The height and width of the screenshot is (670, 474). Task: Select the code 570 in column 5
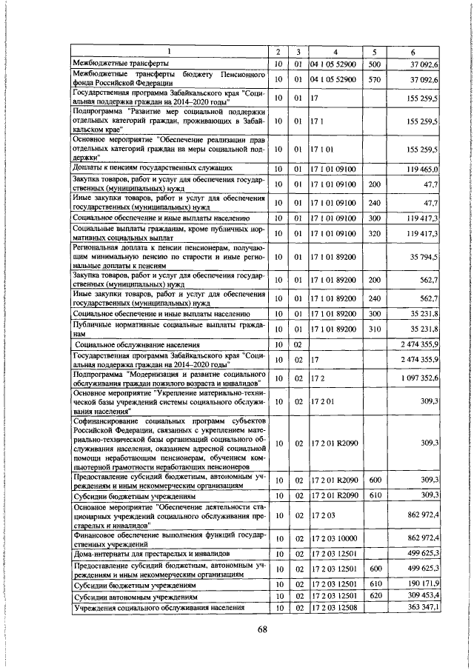click(x=374, y=78)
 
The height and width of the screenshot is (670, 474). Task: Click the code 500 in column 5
click(x=374, y=64)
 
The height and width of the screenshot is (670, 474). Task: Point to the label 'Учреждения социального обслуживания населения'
click(x=158, y=608)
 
